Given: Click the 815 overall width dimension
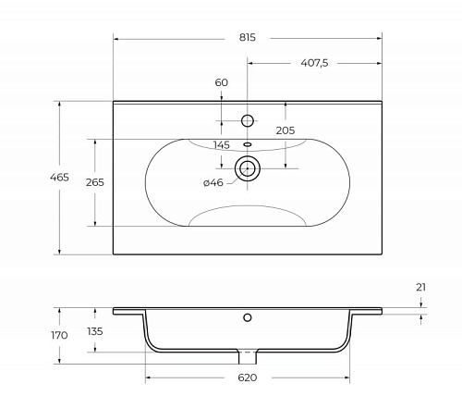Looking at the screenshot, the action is point(248,37).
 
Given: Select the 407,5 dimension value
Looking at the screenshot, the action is point(314,63).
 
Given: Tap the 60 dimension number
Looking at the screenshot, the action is point(222,82).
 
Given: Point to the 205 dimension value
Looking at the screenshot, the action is point(286,130).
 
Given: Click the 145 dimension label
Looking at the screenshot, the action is point(222,144).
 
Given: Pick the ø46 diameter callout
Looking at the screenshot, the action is point(213,182).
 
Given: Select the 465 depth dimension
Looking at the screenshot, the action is point(59,178).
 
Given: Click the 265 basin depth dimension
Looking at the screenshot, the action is point(95,182).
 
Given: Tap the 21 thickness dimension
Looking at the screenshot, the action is point(420,287).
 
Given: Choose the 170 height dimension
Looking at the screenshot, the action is point(59,335).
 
